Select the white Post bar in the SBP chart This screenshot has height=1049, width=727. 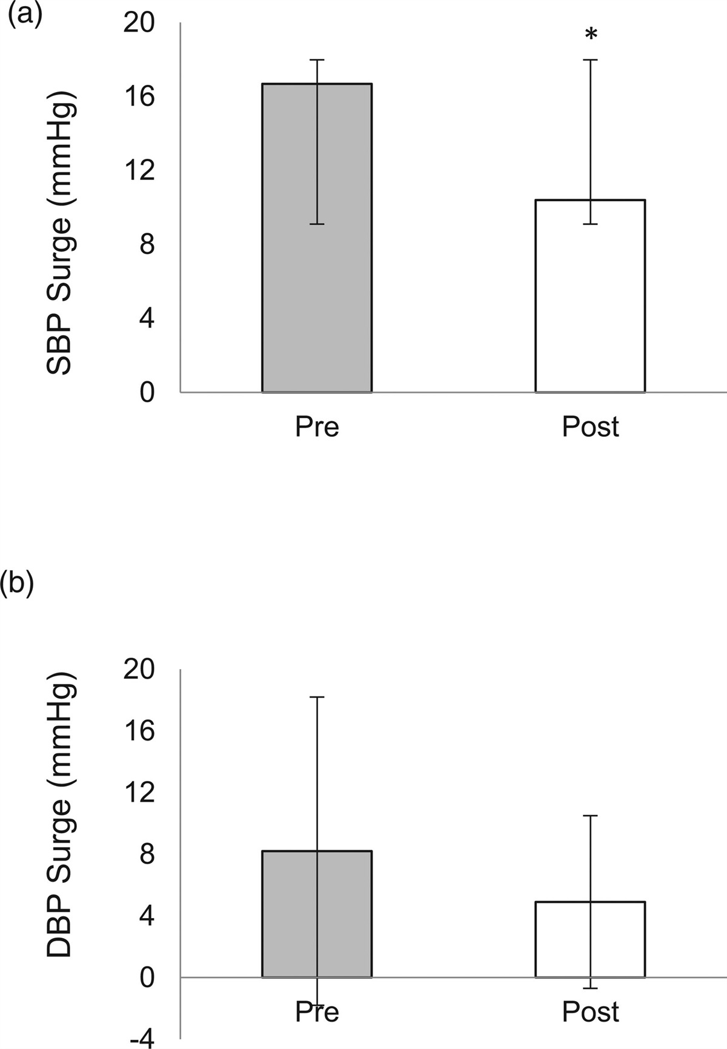pos(563,303)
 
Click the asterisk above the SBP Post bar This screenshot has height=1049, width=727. pos(591,35)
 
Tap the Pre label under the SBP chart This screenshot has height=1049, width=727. pos(317,427)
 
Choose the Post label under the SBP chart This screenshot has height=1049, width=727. pos(590,427)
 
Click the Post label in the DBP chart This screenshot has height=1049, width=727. pos(590,1012)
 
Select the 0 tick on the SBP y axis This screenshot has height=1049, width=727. pos(147,392)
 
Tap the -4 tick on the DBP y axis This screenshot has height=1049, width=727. pos(142,1040)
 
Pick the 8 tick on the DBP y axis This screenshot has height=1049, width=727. pos(147,854)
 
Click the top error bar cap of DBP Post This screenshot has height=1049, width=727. pos(590,816)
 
